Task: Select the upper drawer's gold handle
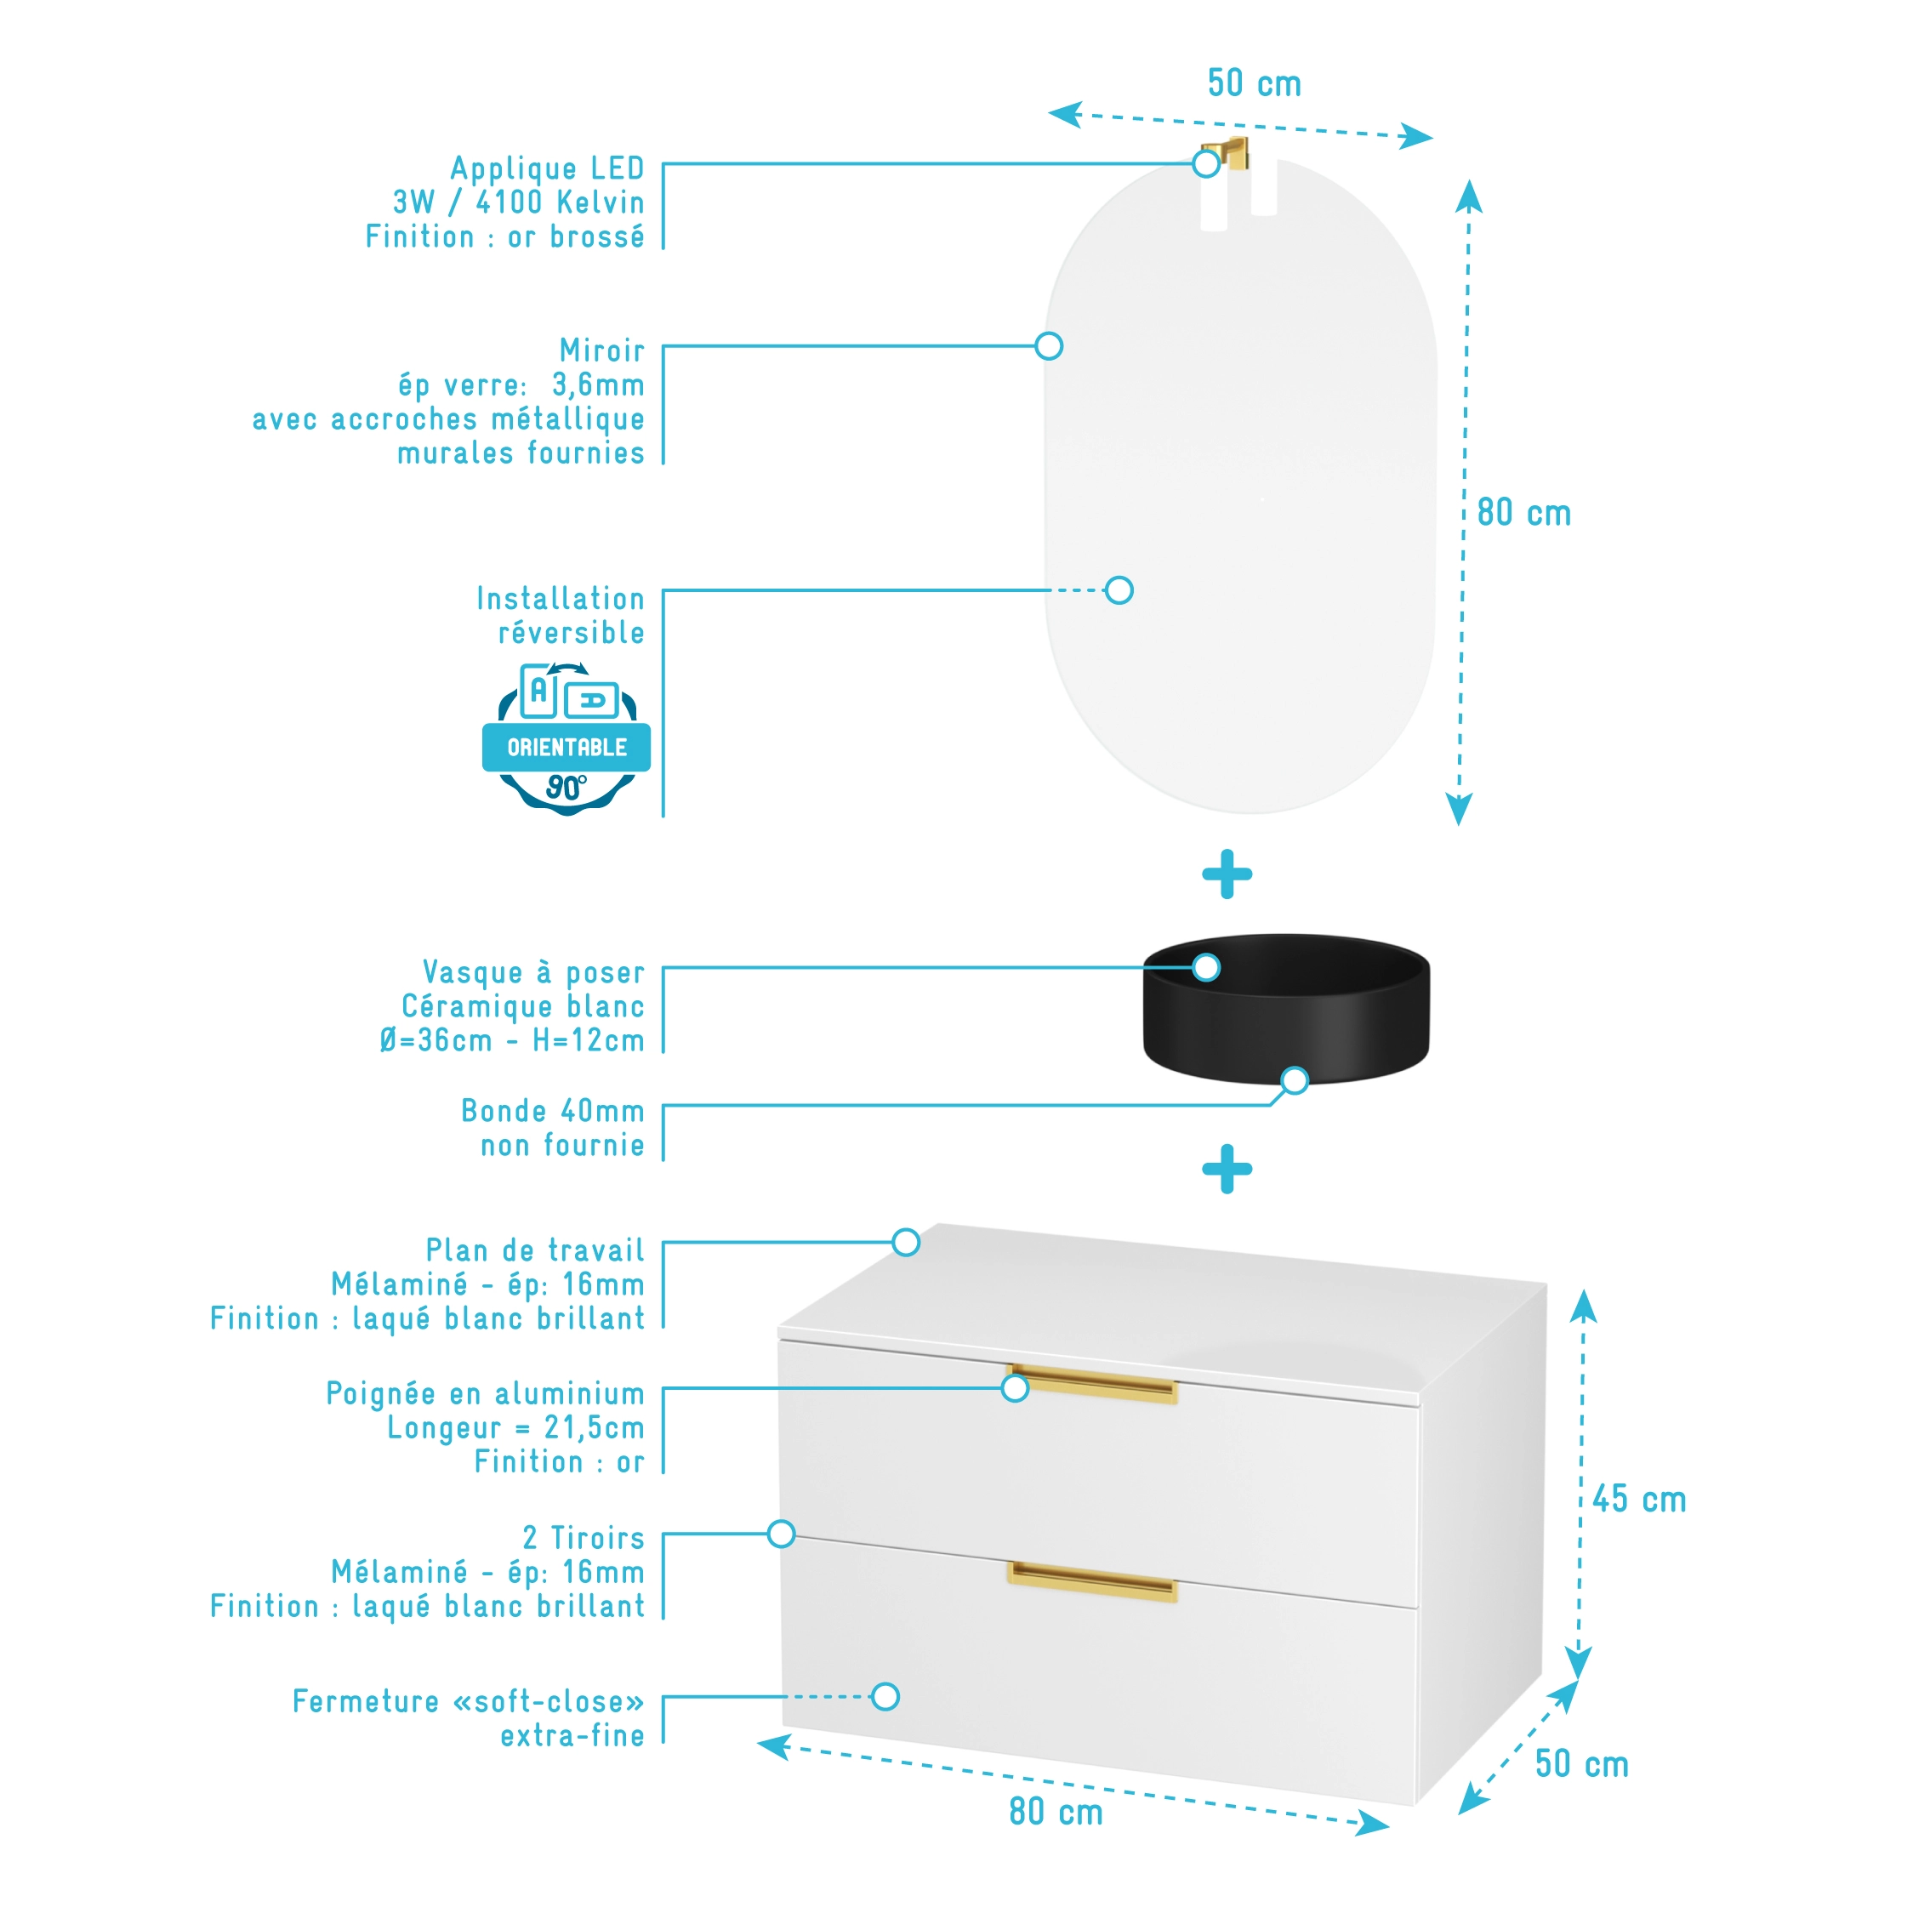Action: point(1091,1384)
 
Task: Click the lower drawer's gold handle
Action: point(1091,1580)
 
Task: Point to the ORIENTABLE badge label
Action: point(566,748)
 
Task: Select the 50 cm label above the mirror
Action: point(1254,84)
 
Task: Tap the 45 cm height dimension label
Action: point(1639,1499)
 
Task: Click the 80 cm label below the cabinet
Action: point(1056,1812)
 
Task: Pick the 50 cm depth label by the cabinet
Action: point(1581,1763)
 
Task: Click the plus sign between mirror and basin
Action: point(1227,874)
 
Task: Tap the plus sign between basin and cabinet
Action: point(1227,1169)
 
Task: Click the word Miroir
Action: point(602,350)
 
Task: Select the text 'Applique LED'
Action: point(548,168)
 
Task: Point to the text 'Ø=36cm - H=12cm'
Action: point(512,1040)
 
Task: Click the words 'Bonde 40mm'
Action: point(553,1111)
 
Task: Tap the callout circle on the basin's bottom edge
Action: point(1294,1080)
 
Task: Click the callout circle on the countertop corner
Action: point(905,1243)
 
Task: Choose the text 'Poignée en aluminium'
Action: point(485,1394)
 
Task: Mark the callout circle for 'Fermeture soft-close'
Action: point(885,1697)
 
